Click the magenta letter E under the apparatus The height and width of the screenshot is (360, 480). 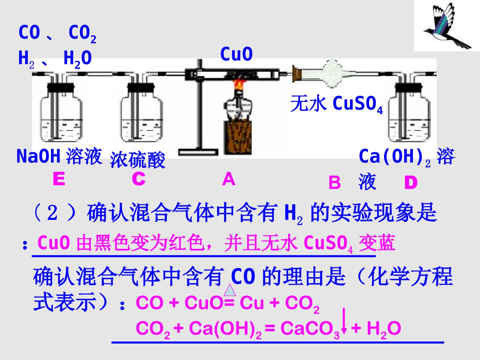tap(59, 179)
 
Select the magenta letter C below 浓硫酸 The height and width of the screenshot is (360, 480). tap(139, 179)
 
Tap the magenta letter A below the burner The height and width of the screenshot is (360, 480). tap(229, 179)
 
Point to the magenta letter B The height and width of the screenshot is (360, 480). tap(335, 182)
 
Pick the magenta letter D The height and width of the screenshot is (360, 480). tap(411, 182)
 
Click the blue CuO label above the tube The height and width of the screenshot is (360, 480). tap(236, 54)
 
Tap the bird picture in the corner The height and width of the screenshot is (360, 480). tap(447, 26)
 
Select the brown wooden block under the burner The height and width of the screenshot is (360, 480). tap(238, 138)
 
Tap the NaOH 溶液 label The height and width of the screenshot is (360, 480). tap(59, 156)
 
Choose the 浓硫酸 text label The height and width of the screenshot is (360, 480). tap(137, 160)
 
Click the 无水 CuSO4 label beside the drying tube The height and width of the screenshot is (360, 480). tap(337, 104)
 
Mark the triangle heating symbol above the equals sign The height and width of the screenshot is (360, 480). tap(230, 290)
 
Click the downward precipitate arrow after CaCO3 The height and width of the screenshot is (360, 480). tap(344, 321)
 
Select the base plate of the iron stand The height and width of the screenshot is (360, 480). tap(198, 152)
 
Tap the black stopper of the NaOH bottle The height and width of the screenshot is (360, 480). tap(61, 87)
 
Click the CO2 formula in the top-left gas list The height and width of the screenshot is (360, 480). tap(82, 34)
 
